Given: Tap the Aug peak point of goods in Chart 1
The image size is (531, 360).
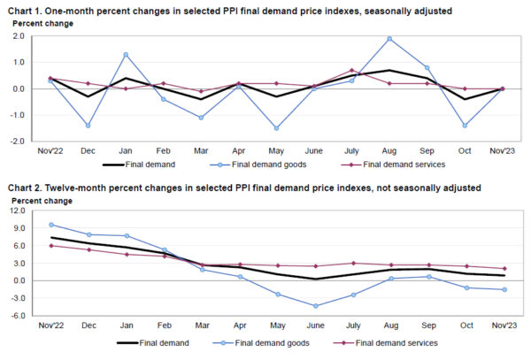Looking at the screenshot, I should pos(389,39).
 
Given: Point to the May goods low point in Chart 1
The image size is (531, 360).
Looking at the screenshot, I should pos(277,128).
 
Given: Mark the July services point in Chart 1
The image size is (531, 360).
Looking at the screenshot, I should pos(351,71).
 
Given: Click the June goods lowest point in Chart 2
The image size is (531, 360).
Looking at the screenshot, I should pos(314,306).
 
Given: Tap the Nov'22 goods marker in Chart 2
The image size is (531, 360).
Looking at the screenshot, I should pos(51,225).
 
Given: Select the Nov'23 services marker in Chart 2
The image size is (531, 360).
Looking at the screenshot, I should pos(504,269).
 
